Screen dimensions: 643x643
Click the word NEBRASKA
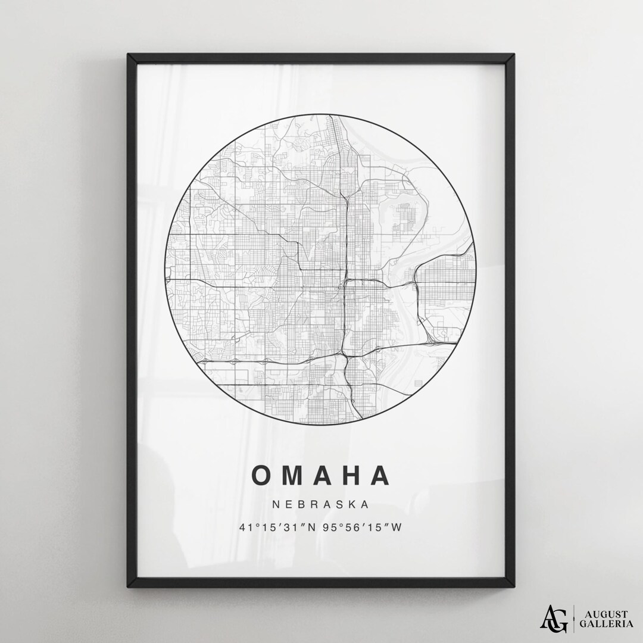321,504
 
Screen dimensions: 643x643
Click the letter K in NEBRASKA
351,504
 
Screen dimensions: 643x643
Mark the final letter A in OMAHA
379,475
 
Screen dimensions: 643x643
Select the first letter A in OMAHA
321,475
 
